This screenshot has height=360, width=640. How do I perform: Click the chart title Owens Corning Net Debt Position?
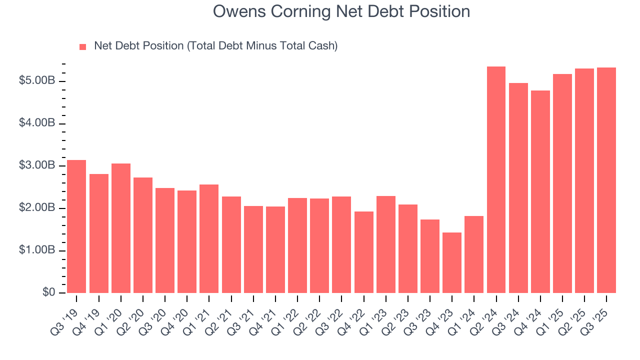(341, 11)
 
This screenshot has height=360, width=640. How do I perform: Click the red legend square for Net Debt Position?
(83, 47)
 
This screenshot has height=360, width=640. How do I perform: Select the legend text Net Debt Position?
(215, 46)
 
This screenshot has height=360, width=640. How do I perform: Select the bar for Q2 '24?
(496, 179)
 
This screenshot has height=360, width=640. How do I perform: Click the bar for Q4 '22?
(364, 252)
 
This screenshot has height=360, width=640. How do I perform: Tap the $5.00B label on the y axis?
(37, 81)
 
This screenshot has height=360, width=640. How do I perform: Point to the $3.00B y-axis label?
(37, 165)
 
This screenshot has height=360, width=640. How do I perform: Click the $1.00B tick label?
(37, 250)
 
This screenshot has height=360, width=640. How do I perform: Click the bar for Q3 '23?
(430, 256)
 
